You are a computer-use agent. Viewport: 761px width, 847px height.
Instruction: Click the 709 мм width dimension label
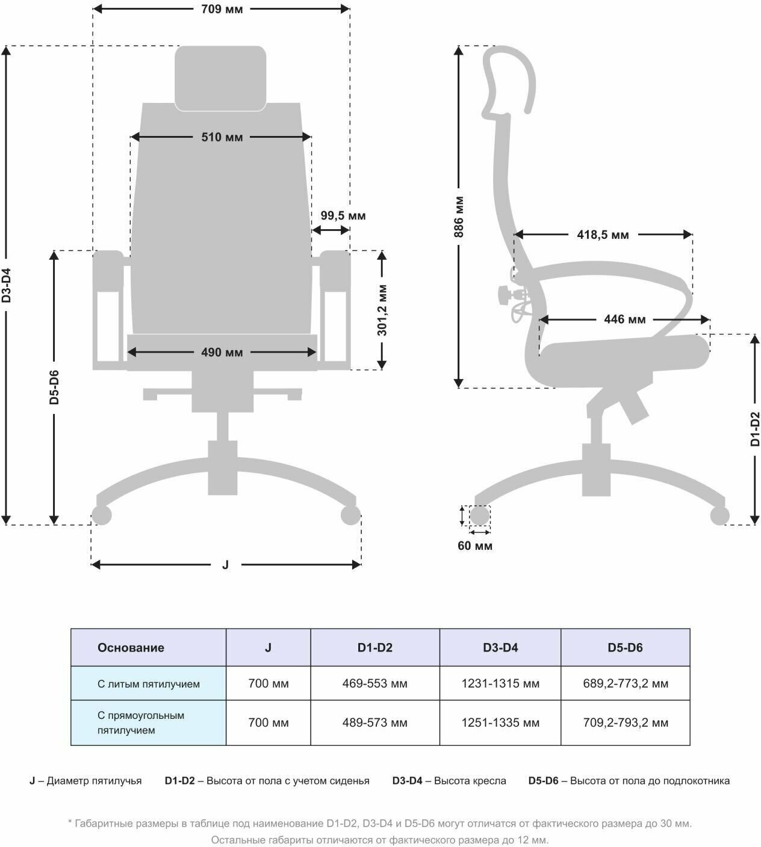221,9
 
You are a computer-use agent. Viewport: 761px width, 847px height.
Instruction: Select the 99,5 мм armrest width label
343,215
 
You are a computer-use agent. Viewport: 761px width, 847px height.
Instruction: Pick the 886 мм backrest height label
459,217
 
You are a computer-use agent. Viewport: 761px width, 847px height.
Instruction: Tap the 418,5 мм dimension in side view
603,235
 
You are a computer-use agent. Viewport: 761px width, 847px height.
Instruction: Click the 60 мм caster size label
475,546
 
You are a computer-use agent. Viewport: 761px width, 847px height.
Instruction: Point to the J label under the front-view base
226,565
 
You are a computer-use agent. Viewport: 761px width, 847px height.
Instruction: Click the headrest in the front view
220,78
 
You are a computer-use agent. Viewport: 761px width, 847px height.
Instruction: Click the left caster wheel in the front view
101,516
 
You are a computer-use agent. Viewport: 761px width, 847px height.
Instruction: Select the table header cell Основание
131,648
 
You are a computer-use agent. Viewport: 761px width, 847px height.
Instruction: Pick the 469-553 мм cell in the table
374,684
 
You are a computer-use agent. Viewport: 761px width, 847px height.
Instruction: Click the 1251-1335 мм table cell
500,722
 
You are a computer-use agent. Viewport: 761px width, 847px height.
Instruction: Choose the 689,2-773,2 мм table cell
625,684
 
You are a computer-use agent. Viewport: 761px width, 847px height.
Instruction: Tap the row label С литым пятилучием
149,684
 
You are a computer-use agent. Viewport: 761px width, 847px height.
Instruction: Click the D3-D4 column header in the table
500,648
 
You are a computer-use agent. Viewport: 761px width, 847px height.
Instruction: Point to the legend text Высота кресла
470,781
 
